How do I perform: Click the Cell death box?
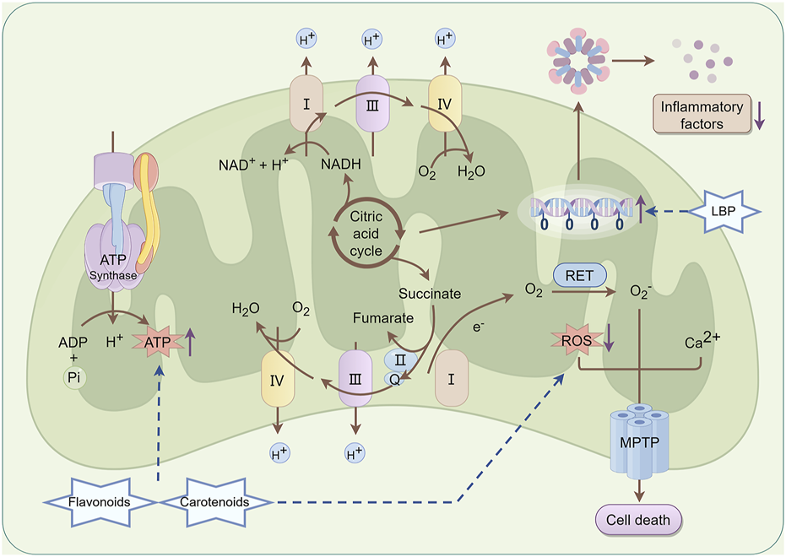pyautogui.click(x=638, y=520)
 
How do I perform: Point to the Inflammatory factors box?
pyautogui.click(x=702, y=115)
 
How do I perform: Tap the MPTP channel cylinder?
pyautogui.click(x=637, y=439)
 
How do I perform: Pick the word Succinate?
pyautogui.click(x=431, y=294)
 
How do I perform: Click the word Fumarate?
pyautogui.click(x=382, y=318)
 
